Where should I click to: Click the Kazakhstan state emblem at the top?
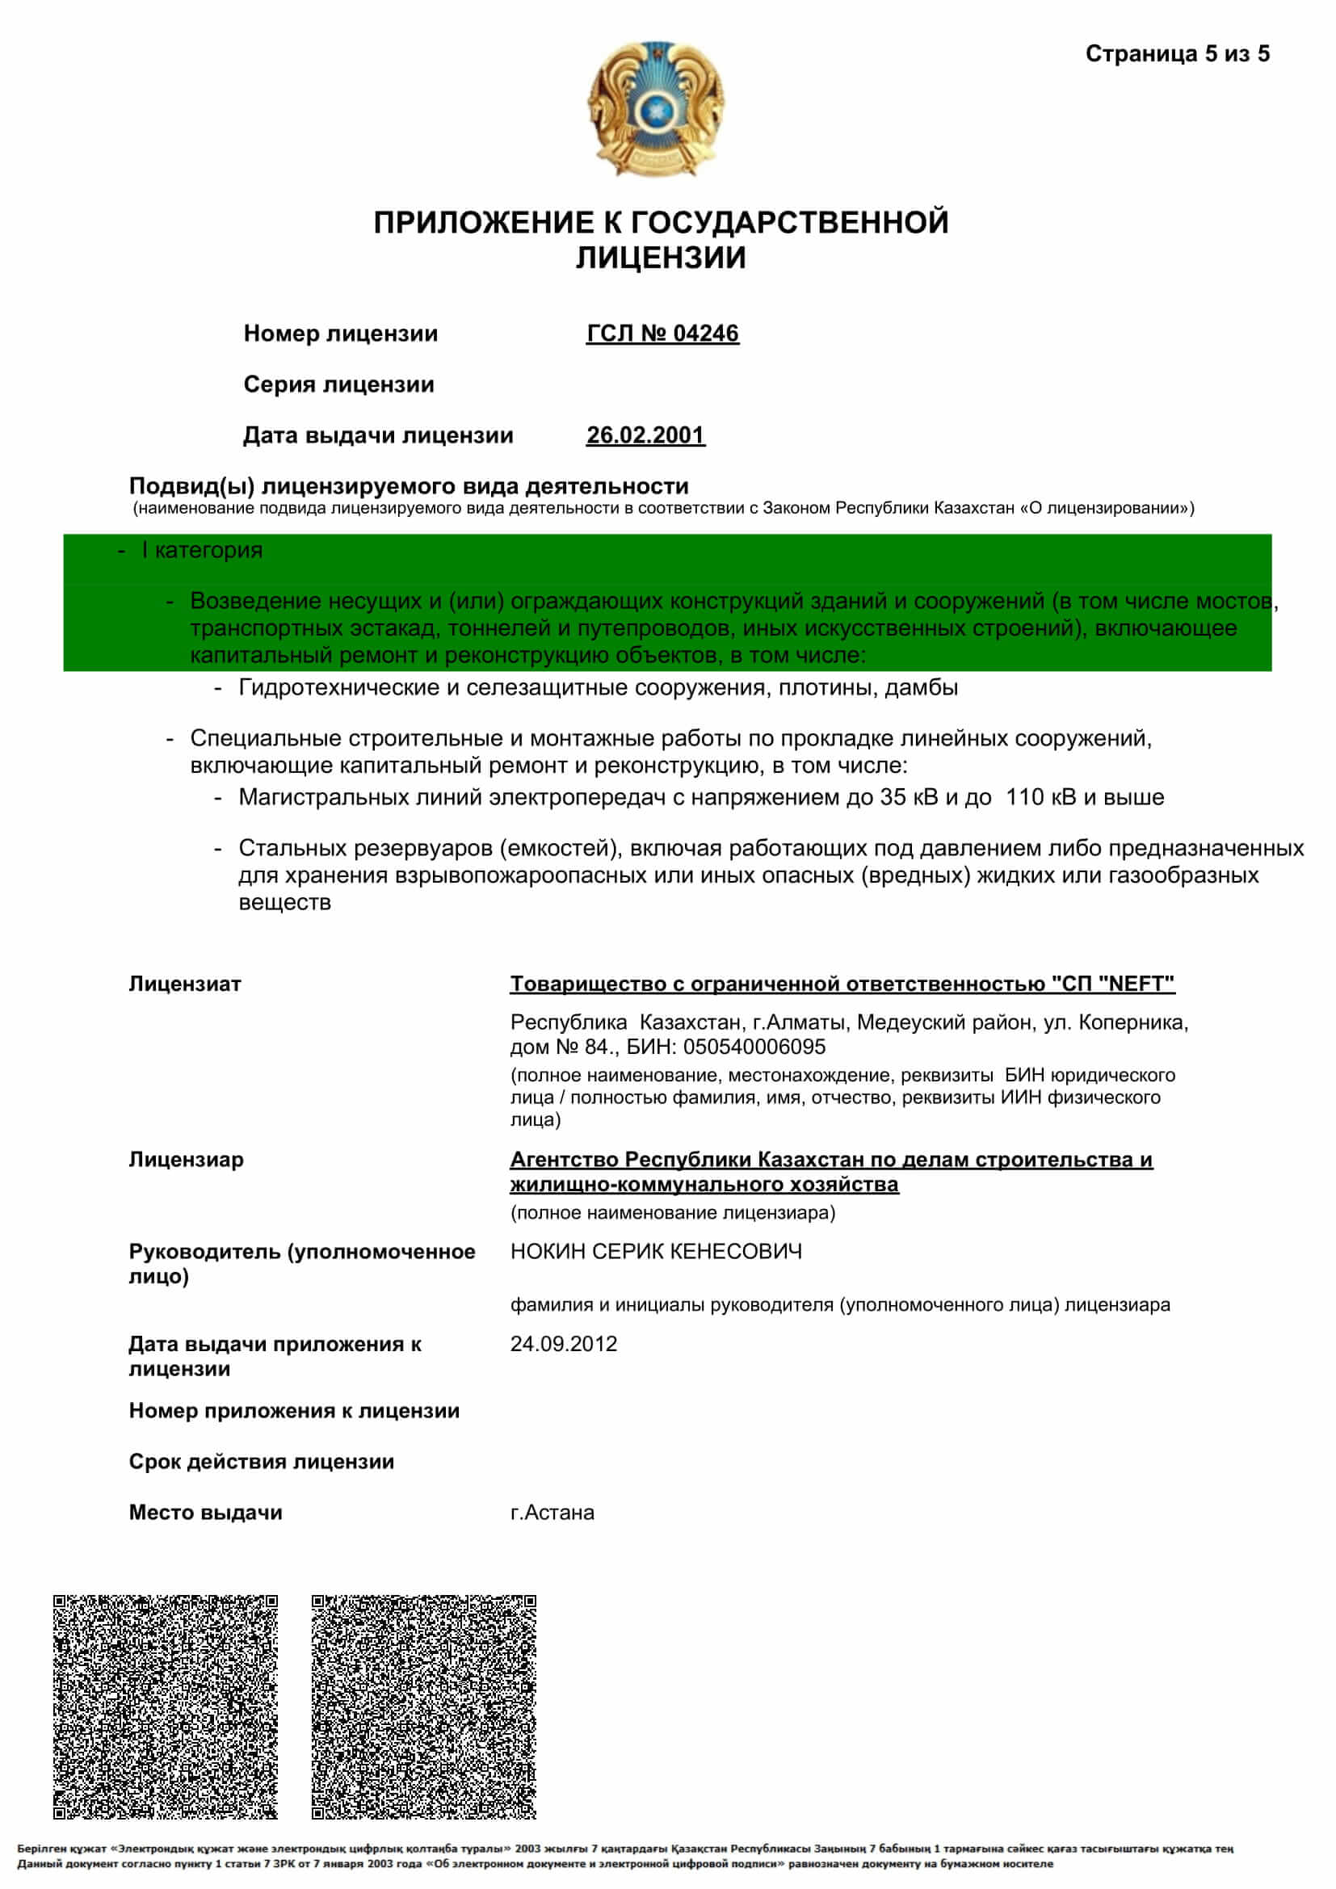[656, 107]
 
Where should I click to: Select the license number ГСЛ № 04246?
[662, 334]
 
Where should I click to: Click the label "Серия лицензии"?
[339, 384]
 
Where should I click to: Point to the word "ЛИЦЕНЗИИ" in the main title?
[661, 258]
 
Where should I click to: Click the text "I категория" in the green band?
[202, 551]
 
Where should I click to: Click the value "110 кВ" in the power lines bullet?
[1040, 796]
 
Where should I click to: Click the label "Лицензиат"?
[185, 984]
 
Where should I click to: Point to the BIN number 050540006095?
[754, 1047]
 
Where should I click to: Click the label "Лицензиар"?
[186, 1159]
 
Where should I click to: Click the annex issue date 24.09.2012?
[564, 1344]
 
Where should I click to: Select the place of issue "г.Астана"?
[552, 1512]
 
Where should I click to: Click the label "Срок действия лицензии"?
[262, 1461]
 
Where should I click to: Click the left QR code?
[166, 1706]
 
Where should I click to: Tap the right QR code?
[424, 1706]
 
